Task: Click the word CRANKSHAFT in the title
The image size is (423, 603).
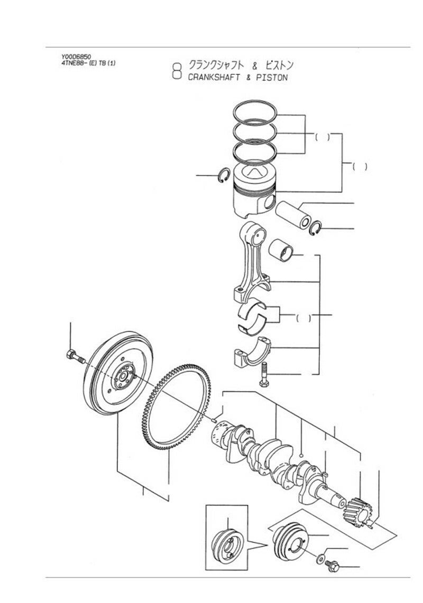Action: click(x=214, y=77)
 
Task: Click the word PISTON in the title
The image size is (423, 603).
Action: click(x=272, y=77)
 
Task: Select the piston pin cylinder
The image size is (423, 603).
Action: click(x=293, y=214)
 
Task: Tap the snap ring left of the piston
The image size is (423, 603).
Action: click(x=224, y=176)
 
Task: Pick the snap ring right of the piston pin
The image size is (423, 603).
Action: click(x=315, y=229)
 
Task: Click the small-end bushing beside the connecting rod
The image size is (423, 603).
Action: click(x=281, y=250)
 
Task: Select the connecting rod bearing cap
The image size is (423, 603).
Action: click(x=252, y=351)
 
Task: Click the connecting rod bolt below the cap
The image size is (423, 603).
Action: click(x=264, y=374)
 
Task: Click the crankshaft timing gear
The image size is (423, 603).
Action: click(x=358, y=512)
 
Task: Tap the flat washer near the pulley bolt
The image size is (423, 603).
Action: click(x=320, y=559)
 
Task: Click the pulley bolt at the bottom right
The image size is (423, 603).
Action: click(x=332, y=566)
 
